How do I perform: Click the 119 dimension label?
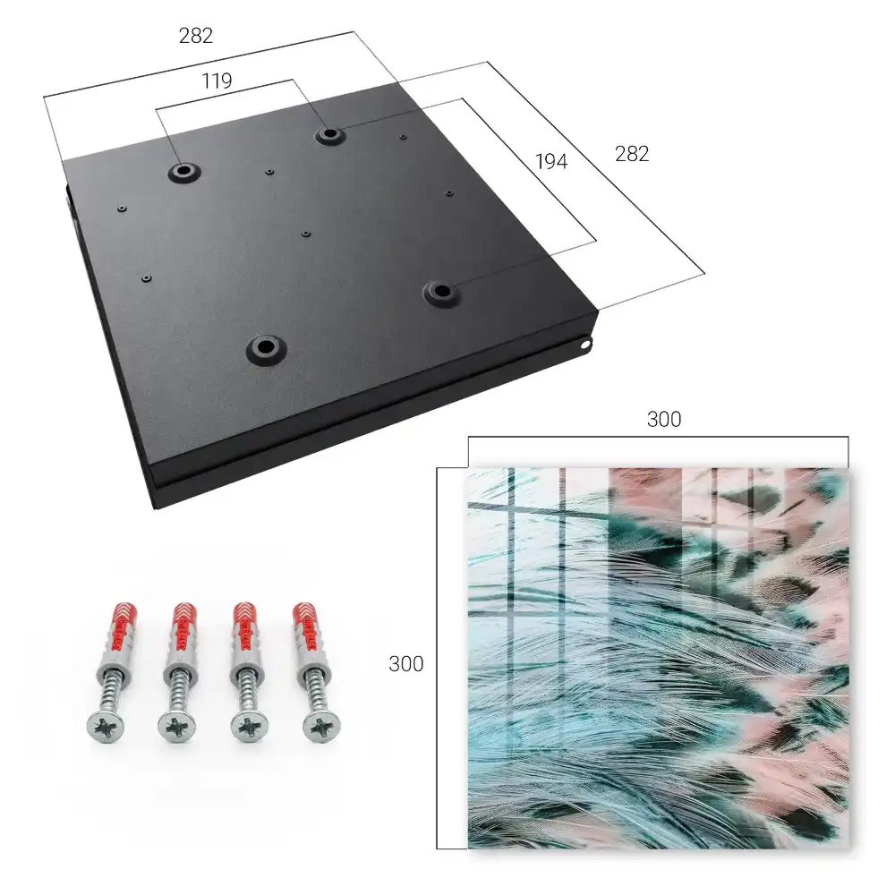click(217, 81)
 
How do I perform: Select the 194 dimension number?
click(551, 162)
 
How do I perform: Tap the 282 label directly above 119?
click(196, 36)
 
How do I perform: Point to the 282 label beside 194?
click(632, 154)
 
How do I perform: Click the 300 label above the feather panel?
click(664, 420)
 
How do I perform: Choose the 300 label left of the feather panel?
click(405, 664)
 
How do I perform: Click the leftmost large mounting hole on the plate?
click(183, 171)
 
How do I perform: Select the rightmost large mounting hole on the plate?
click(440, 293)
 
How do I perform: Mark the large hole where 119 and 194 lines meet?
click(328, 135)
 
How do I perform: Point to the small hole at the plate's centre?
click(306, 234)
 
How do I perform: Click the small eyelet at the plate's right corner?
click(585, 345)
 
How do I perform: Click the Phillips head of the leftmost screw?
click(106, 727)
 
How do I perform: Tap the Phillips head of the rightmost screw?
click(320, 727)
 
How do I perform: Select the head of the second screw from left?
click(176, 727)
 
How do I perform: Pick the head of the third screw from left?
click(249, 727)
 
